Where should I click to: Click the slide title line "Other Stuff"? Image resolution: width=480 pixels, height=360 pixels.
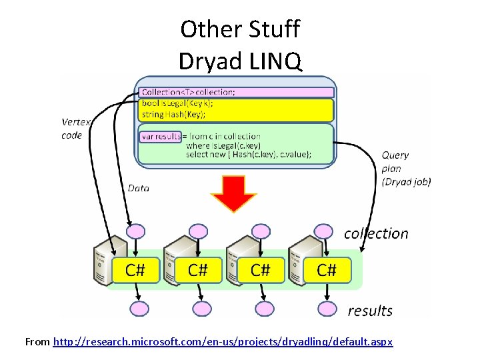(240, 29)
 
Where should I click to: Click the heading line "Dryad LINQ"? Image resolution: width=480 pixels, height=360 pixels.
(240, 61)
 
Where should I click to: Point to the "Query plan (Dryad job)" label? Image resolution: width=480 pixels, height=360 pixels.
(406, 168)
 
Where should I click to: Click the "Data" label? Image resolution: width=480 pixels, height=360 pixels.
(139, 188)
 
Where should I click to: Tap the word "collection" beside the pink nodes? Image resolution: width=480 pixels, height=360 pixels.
(376, 233)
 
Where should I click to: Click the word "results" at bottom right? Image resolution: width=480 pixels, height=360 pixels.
(370, 311)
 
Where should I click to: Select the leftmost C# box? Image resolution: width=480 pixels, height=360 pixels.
(136, 270)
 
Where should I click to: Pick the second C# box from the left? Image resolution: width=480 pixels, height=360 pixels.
(197, 270)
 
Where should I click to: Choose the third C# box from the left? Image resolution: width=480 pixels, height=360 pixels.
(260, 270)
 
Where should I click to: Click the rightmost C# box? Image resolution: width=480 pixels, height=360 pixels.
(326, 270)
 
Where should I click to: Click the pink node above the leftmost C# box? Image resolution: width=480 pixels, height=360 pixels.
(136, 231)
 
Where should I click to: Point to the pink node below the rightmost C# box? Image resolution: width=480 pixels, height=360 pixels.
(327, 309)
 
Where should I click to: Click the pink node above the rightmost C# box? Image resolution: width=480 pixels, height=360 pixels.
(324, 231)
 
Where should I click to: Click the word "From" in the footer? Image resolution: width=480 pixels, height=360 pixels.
(37, 342)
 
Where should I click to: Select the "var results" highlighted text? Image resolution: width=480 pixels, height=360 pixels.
(160, 136)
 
